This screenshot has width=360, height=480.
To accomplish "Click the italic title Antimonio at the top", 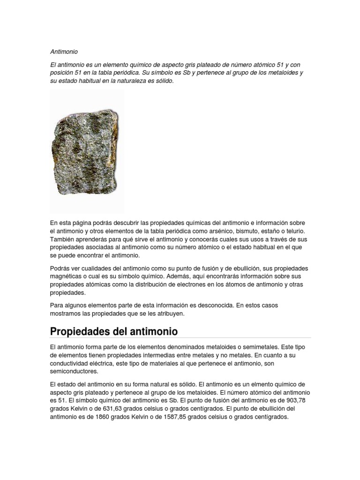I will point(64,52).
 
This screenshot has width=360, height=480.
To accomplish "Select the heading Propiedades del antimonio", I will point(114,331).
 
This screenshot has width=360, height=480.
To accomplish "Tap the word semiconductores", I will point(74,371).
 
